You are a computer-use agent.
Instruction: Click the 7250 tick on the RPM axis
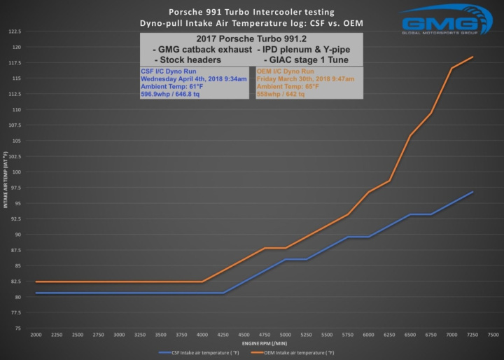[x=473, y=334]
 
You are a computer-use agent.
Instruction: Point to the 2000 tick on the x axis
[x=36, y=334]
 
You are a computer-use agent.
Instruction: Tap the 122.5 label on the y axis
[x=15, y=32]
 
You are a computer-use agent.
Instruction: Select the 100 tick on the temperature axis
[x=15, y=172]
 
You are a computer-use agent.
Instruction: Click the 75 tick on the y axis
[x=17, y=328]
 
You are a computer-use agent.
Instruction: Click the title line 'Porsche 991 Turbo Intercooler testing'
[x=251, y=13]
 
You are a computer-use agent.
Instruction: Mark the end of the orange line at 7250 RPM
[x=473, y=57]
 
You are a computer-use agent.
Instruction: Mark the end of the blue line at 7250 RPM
[x=473, y=191]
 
